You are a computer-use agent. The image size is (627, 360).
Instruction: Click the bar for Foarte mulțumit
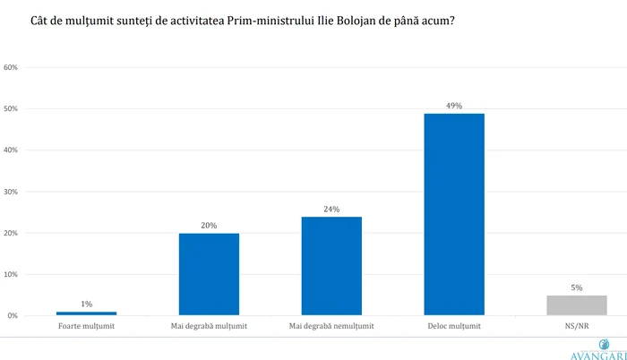tap(86, 313)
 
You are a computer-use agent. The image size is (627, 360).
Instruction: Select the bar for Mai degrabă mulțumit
tap(209, 274)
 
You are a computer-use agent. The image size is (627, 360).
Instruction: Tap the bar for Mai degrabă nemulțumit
tap(331, 266)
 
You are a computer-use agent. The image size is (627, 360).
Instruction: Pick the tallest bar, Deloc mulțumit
tap(454, 215)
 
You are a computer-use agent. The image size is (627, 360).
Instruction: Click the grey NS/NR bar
tap(577, 305)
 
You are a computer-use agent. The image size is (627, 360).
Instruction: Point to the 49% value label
tap(454, 106)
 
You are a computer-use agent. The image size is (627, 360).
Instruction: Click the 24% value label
tap(331, 209)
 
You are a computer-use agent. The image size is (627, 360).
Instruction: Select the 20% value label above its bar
tap(209, 226)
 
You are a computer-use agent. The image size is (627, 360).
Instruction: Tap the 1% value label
tap(86, 304)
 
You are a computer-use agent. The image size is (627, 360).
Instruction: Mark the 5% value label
tap(577, 287)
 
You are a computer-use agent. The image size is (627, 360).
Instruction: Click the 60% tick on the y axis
tap(12, 67)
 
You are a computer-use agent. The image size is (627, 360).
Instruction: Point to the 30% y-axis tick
tap(12, 192)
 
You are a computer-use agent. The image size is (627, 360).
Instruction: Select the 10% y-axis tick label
tap(12, 275)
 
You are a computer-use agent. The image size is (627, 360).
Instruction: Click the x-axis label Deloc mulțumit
tap(454, 326)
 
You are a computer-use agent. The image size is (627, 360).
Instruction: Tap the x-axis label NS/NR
tap(577, 326)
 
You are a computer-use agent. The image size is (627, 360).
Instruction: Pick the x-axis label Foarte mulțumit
tap(86, 326)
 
